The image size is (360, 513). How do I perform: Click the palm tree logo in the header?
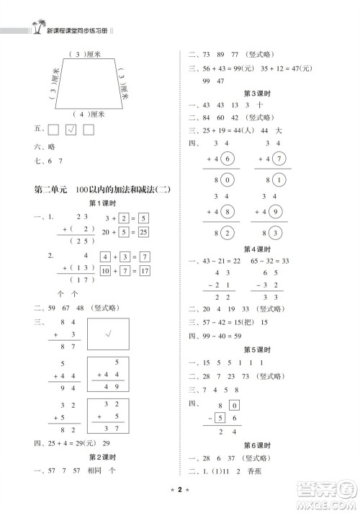(35, 28)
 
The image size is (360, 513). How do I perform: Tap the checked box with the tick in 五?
(71, 130)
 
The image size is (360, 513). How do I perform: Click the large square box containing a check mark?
(109, 335)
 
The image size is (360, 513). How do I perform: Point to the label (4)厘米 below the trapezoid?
(89, 114)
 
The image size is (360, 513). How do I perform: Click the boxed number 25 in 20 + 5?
(143, 232)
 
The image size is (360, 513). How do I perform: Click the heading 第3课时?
(257, 94)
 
